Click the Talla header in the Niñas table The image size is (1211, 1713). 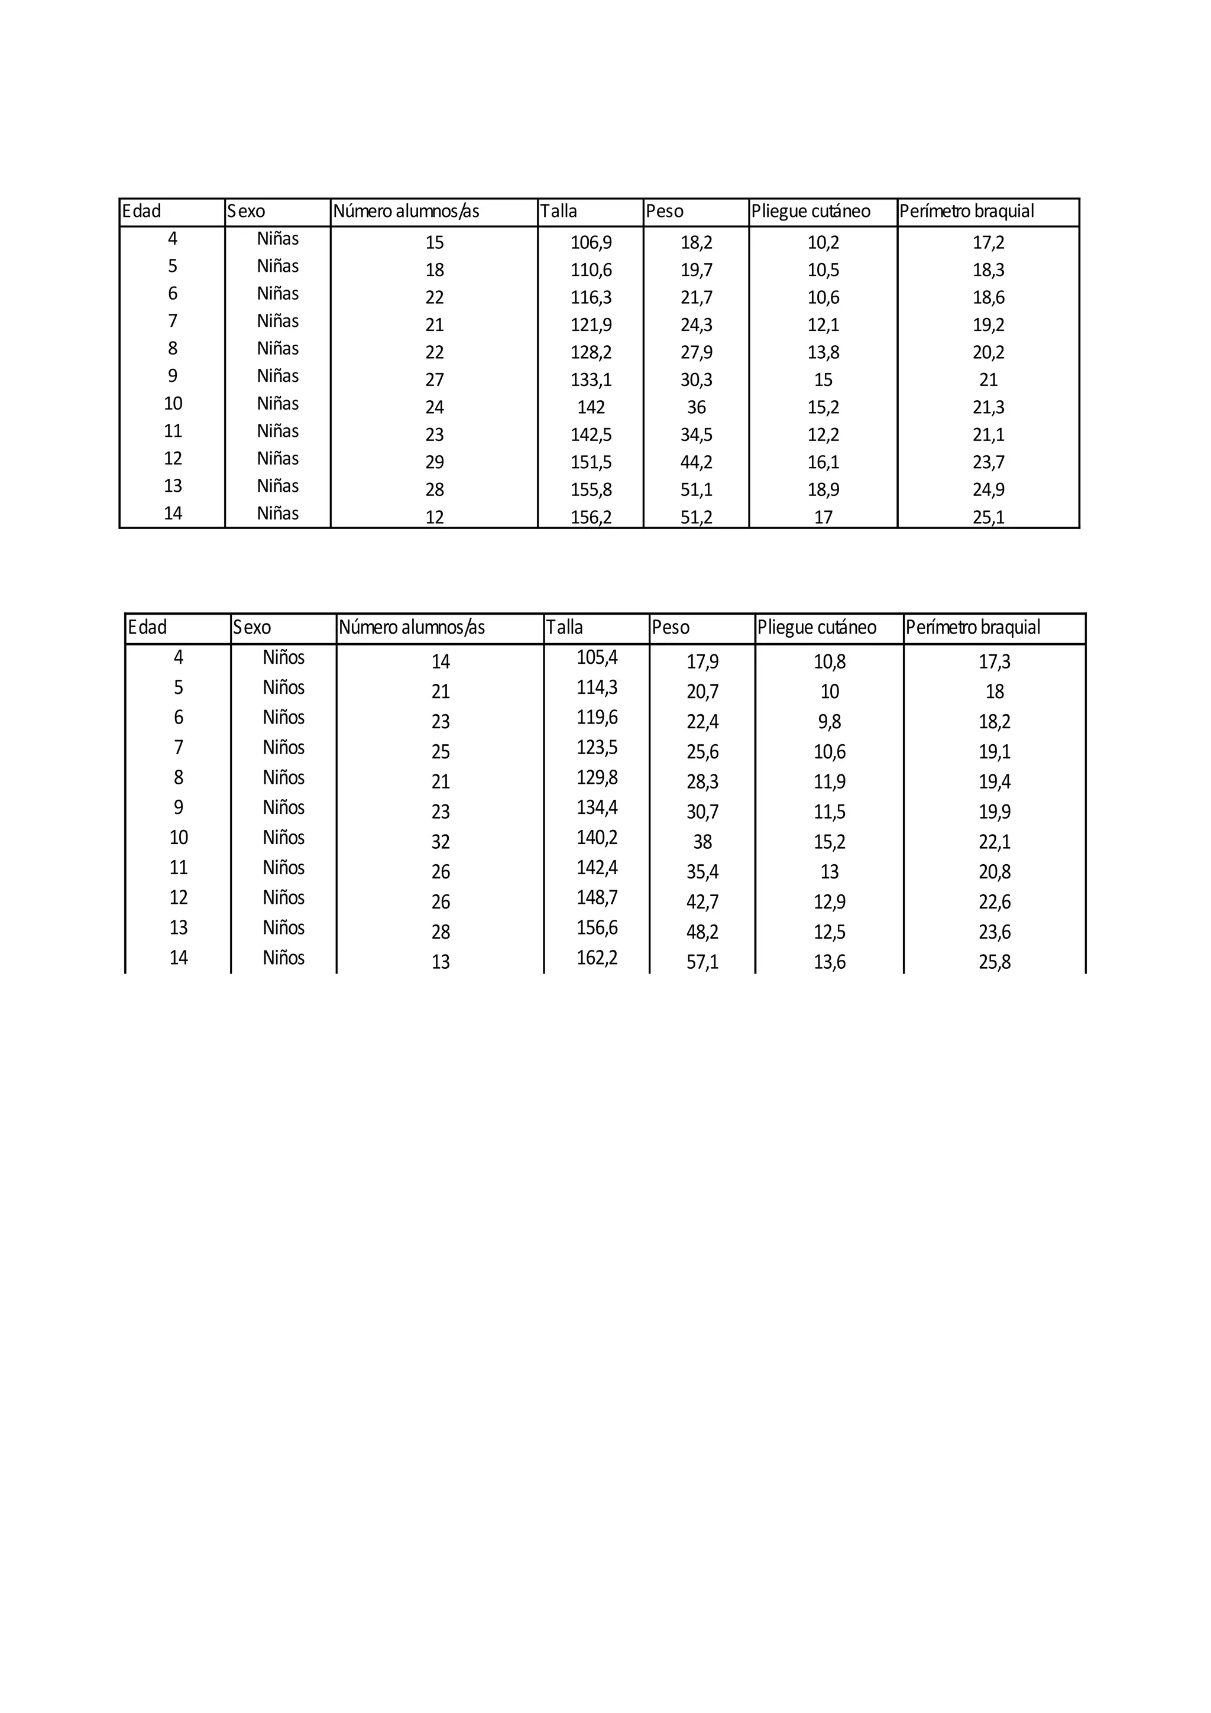tap(558, 211)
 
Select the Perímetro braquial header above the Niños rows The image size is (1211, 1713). tap(972, 628)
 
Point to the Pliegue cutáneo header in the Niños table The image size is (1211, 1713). tap(816, 628)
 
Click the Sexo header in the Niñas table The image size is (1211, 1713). tap(245, 211)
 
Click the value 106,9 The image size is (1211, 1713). tap(591, 242)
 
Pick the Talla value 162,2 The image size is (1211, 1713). tap(597, 958)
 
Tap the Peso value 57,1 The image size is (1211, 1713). tap(702, 962)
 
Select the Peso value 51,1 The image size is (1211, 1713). tap(696, 490)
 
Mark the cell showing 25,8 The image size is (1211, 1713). tap(995, 962)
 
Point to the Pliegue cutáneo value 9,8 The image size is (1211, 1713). tap(829, 722)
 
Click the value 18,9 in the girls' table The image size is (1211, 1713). tap(823, 490)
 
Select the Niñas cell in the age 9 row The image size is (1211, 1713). tap(277, 376)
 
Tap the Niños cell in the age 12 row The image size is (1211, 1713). tap(284, 897)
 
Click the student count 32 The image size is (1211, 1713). tap(440, 842)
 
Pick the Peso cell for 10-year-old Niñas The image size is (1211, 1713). tap(696, 407)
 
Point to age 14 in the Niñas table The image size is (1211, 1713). tap(172, 513)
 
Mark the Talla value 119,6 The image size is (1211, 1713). tap(597, 718)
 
